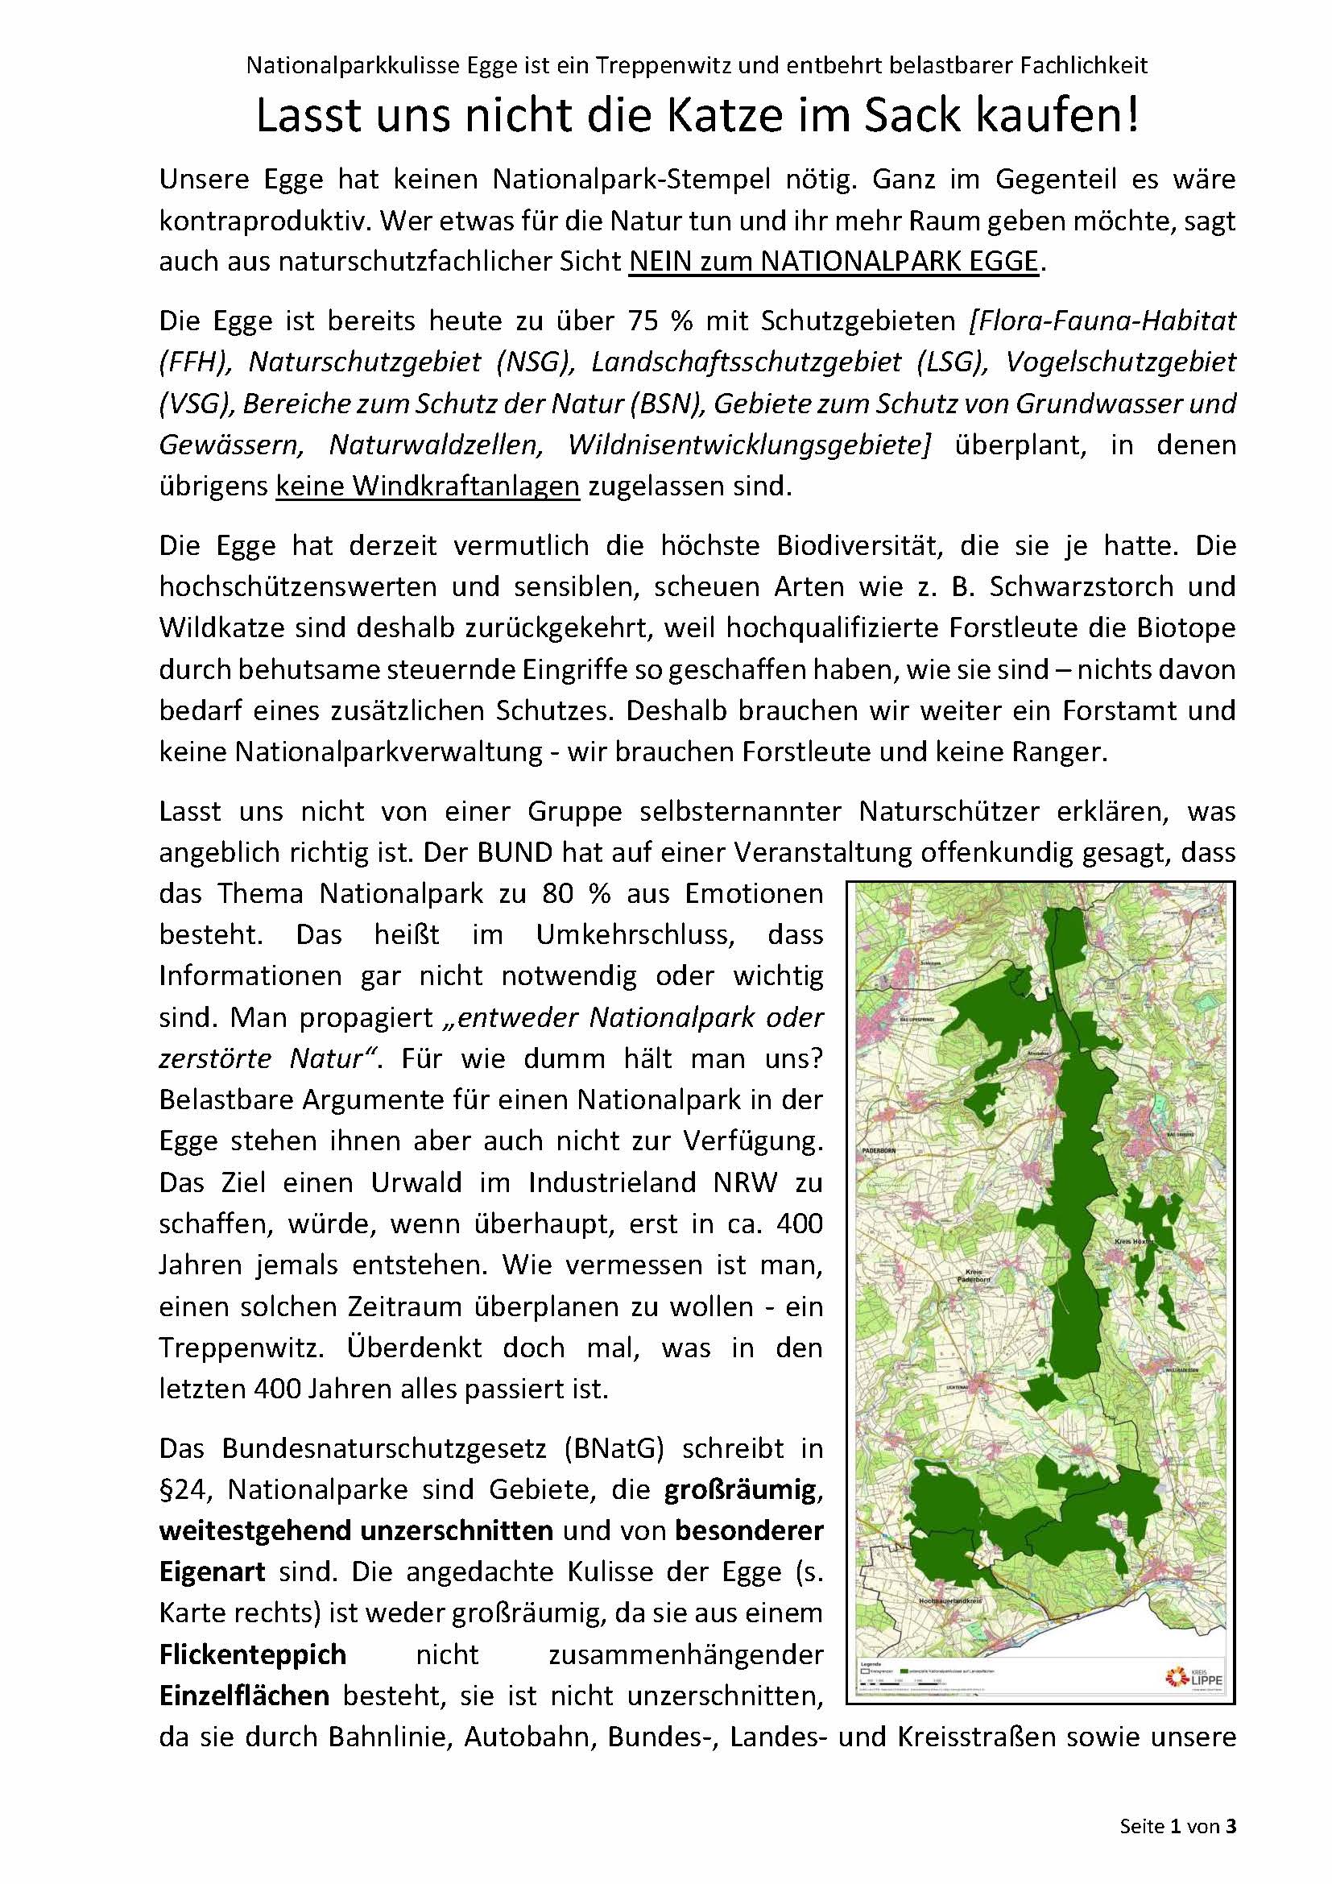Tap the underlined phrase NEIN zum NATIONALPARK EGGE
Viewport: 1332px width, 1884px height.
pos(834,261)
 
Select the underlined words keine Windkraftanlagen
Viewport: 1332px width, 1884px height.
pos(428,487)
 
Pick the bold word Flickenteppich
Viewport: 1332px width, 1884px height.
pos(253,1654)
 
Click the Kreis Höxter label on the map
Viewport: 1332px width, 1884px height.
pos(1133,1242)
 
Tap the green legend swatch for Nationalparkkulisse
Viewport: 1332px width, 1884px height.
pos(904,1671)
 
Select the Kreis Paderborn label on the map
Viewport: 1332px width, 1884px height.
pos(974,1274)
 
